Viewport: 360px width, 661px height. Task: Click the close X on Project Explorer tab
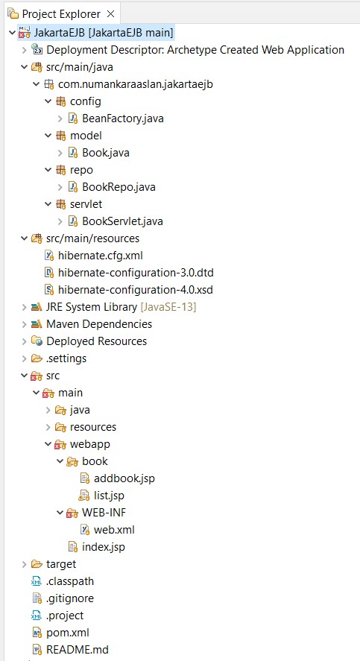(x=111, y=14)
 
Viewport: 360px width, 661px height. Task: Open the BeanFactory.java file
(x=123, y=118)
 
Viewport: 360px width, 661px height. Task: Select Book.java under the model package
(x=105, y=153)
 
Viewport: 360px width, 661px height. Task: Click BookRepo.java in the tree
(x=119, y=187)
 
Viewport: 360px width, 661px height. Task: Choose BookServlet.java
(x=122, y=221)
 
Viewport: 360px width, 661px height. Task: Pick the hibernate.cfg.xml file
(x=101, y=256)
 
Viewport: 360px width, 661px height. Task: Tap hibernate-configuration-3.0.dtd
(x=136, y=273)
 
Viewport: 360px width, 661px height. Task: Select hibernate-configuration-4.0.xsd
(x=136, y=290)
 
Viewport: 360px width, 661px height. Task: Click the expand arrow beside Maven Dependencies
(x=24, y=324)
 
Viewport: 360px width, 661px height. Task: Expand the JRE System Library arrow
(x=24, y=307)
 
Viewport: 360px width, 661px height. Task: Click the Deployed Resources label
(x=97, y=341)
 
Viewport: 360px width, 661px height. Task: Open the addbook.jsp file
(x=124, y=478)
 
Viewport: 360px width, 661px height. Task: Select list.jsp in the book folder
(x=109, y=496)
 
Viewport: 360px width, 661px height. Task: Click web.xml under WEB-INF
(x=114, y=530)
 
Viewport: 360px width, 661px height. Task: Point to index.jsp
(x=104, y=547)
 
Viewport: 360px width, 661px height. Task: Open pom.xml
(x=67, y=633)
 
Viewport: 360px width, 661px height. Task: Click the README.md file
(x=78, y=650)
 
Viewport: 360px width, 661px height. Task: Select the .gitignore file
(x=70, y=598)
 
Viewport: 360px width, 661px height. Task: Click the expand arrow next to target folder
(x=24, y=564)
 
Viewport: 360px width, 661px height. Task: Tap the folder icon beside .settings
(x=37, y=358)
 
